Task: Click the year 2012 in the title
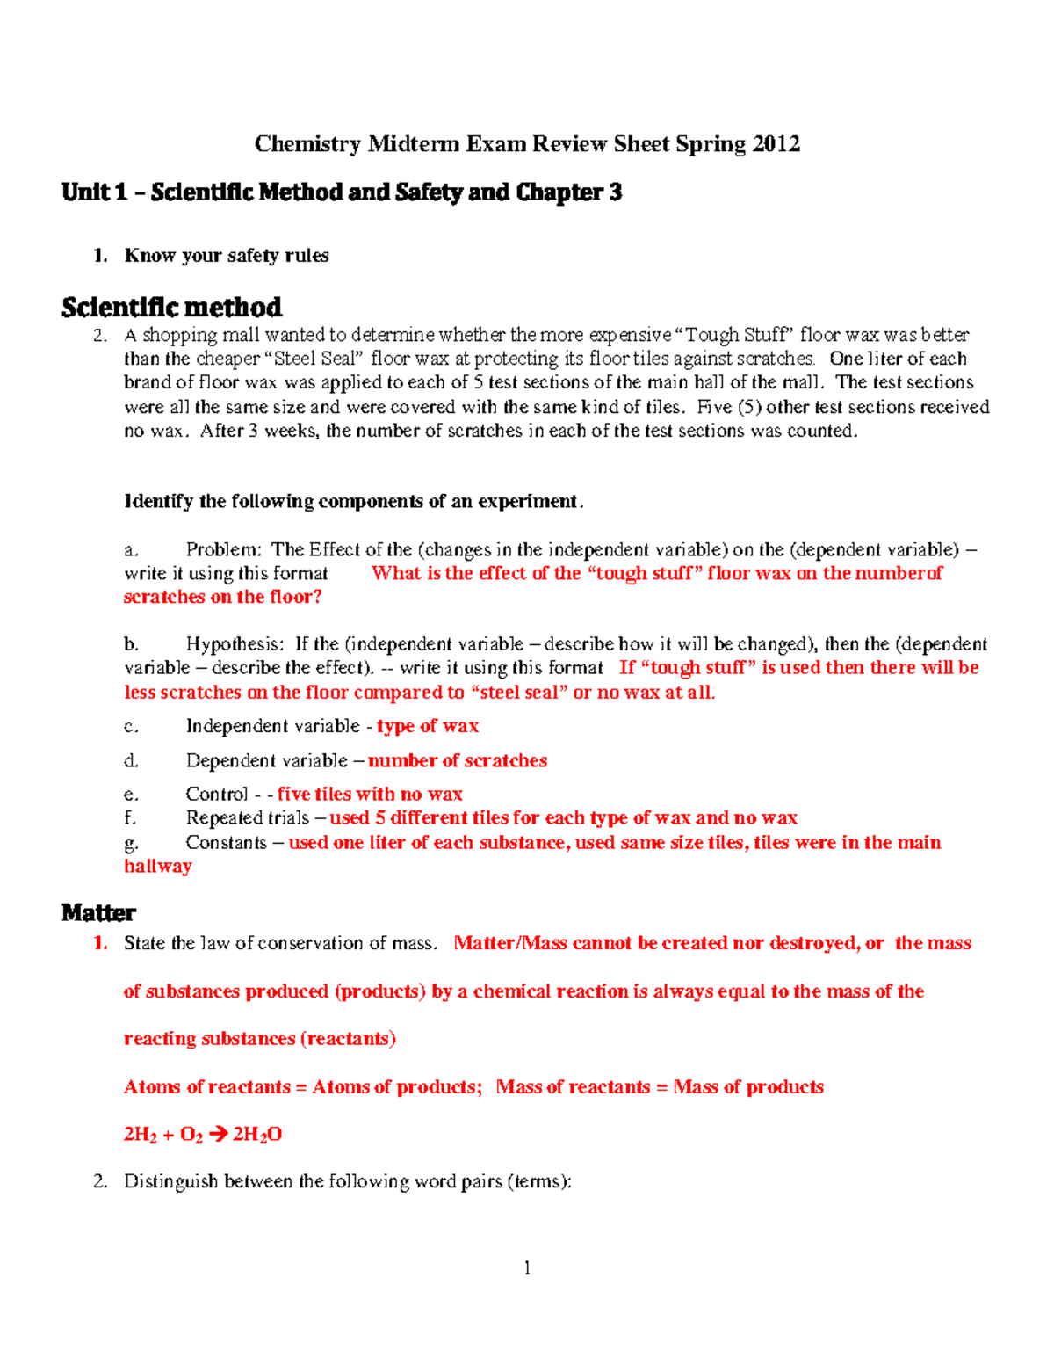(776, 144)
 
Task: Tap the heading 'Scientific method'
(171, 308)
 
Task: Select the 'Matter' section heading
(98, 913)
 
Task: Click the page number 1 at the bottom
(527, 1267)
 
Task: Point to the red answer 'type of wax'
(428, 726)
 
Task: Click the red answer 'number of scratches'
(458, 760)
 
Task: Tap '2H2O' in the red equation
(257, 1135)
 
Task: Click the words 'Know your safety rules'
(227, 256)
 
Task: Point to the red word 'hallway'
(158, 867)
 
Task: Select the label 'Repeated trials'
(247, 818)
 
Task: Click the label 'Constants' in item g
(226, 843)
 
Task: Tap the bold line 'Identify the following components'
(353, 502)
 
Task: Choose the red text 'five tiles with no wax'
(370, 795)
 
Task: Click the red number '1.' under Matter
(101, 943)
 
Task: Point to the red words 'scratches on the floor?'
(223, 597)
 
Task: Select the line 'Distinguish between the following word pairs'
(347, 1181)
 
